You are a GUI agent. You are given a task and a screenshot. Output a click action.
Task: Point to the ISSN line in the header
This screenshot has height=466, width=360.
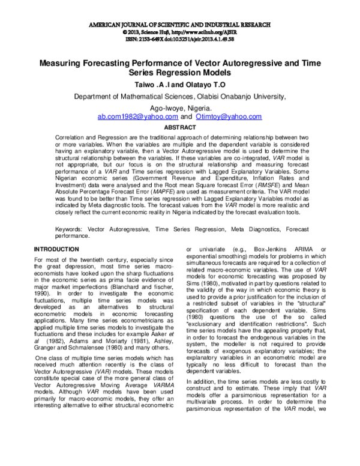point(179,40)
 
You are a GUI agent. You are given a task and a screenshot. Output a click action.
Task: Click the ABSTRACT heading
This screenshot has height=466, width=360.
point(179,127)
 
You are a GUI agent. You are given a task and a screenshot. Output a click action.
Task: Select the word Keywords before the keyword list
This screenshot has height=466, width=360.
point(70,229)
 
